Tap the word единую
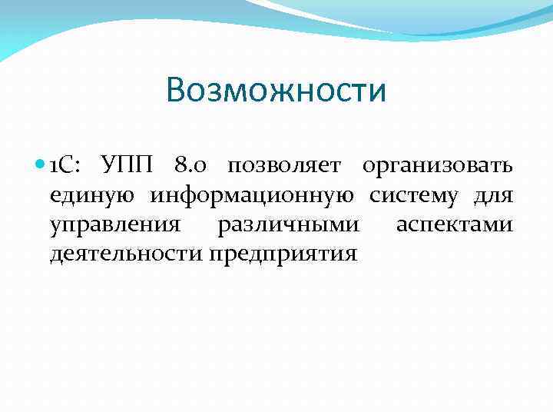[x=93, y=197]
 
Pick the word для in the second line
[x=493, y=197]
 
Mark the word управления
[x=115, y=225]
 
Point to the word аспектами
[x=454, y=225]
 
